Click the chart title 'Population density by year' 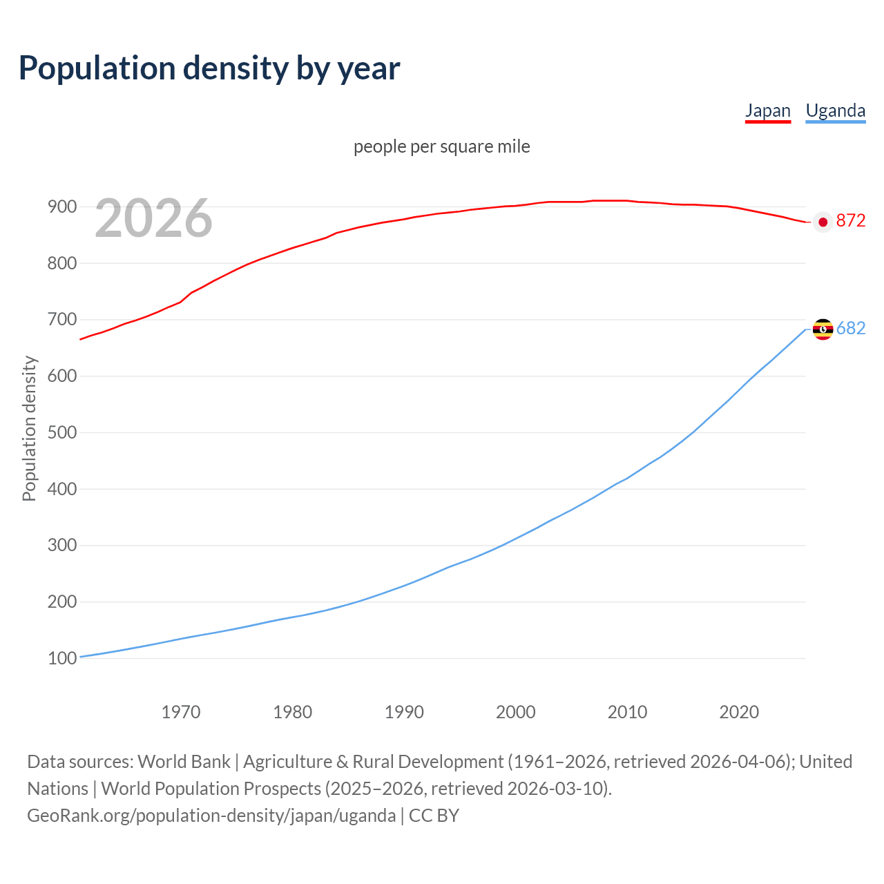pos(209,68)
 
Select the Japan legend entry pos(767,110)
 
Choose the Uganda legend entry pos(835,110)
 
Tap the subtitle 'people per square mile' pos(441,147)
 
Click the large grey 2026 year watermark pos(153,218)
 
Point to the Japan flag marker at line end pos(822,222)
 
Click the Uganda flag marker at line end pos(823,329)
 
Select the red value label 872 pos(850,221)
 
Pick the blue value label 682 pos(850,329)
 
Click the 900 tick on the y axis pos(61,207)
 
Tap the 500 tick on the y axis pos(61,433)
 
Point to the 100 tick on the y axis pos(61,659)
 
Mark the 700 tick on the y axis pos(61,320)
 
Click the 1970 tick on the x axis pos(181,712)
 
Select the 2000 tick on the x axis pos(516,712)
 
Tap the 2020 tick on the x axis pos(739,712)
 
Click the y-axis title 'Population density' pos(29,428)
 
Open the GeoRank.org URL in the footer pos(211,816)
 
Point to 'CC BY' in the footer pos(434,816)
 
